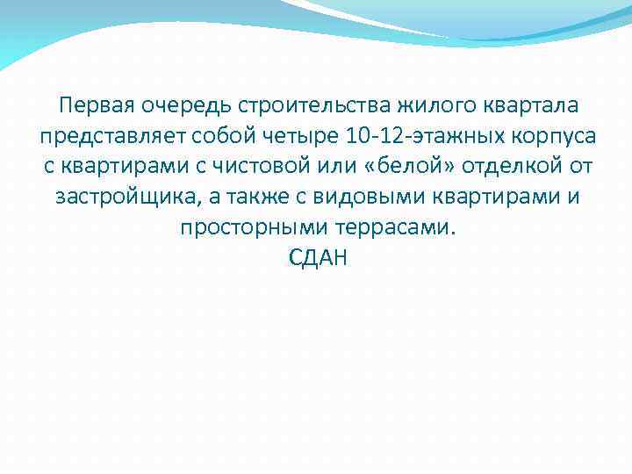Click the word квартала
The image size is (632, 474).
click(x=530, y=107)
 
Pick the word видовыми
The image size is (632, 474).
click(x=360, y=197)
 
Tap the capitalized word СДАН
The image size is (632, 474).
click(x=318, y=257)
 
